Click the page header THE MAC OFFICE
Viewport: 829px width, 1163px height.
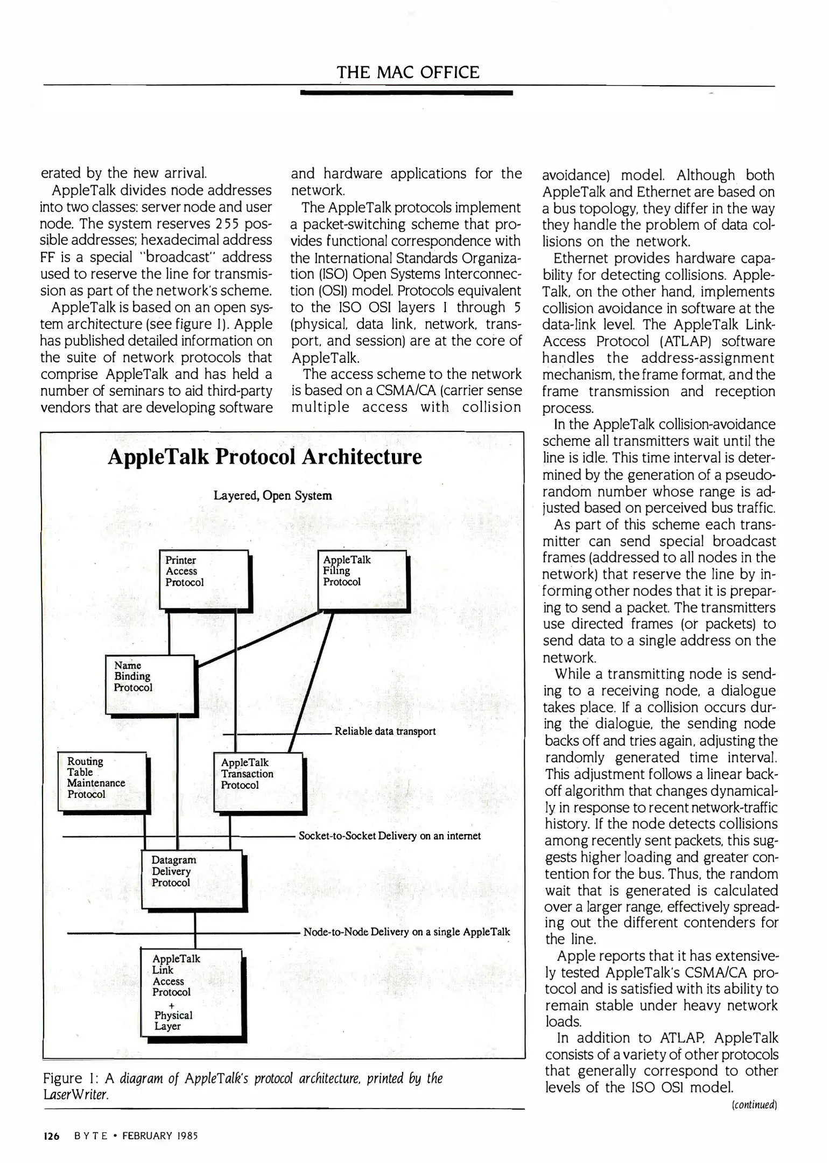[x=408, y=73]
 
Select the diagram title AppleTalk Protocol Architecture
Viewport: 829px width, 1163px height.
[x=265, y=457]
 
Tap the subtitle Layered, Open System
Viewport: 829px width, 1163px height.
[x=272, y=495]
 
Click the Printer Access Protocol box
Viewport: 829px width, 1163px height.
[x=204, y=578]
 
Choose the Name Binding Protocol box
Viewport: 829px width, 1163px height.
[x=149, y=684]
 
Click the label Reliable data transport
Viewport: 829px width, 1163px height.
[x=385, y=731]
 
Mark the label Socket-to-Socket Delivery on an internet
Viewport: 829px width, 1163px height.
[x=389, y=836]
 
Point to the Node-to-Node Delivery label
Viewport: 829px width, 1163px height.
[x=406, y=932]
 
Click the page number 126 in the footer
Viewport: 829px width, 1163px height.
[x=51, y=1136]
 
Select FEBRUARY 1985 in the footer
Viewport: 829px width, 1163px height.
[x=160, y=1136]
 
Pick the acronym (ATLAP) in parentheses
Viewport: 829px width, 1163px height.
[x=685, y=342]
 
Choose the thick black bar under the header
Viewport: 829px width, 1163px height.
[x=407, y=93]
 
